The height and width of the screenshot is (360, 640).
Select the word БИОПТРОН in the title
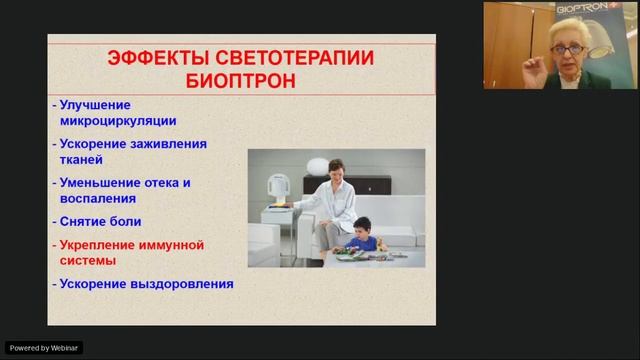(x=241, y=81)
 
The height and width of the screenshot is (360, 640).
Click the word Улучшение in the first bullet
(x=95, y=105)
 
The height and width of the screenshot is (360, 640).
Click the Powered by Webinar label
(x=44, y=348)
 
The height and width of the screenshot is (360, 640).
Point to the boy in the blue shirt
(x=363, y=237)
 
